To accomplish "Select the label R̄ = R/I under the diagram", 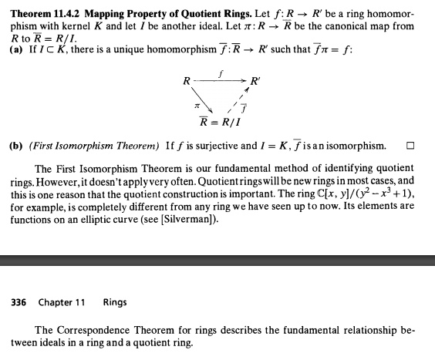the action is (x=221, y=122).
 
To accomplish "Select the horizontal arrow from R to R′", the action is (x=219, y=81).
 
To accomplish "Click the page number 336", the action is (x=21, y=301).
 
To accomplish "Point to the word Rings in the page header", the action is (x=116, y=301).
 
